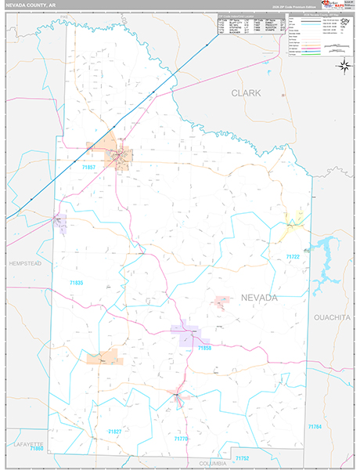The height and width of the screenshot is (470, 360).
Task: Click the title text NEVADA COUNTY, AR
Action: pyautogui.click(x=33, y=5)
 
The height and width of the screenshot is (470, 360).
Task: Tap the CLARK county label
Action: pyautogui.click(x=246, y=92)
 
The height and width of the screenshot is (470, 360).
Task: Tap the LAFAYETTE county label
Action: pyautogui.click(x=29, y=444)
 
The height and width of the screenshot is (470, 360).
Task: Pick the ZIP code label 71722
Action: pyautogui.click(x=293, y=257)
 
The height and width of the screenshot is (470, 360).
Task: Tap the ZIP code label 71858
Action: pyautogui.click(x=205, y=348)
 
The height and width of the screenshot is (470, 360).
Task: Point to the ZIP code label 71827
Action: pyautogui.click(x=114, y=432)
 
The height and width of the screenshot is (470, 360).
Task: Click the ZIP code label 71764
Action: pyautogui.click(x=315, y=426)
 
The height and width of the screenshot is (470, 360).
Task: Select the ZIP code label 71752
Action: pyautogui.click(x=242, y=457)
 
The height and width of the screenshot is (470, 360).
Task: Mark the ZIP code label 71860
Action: pyautogui.click(x=37, y=450)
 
